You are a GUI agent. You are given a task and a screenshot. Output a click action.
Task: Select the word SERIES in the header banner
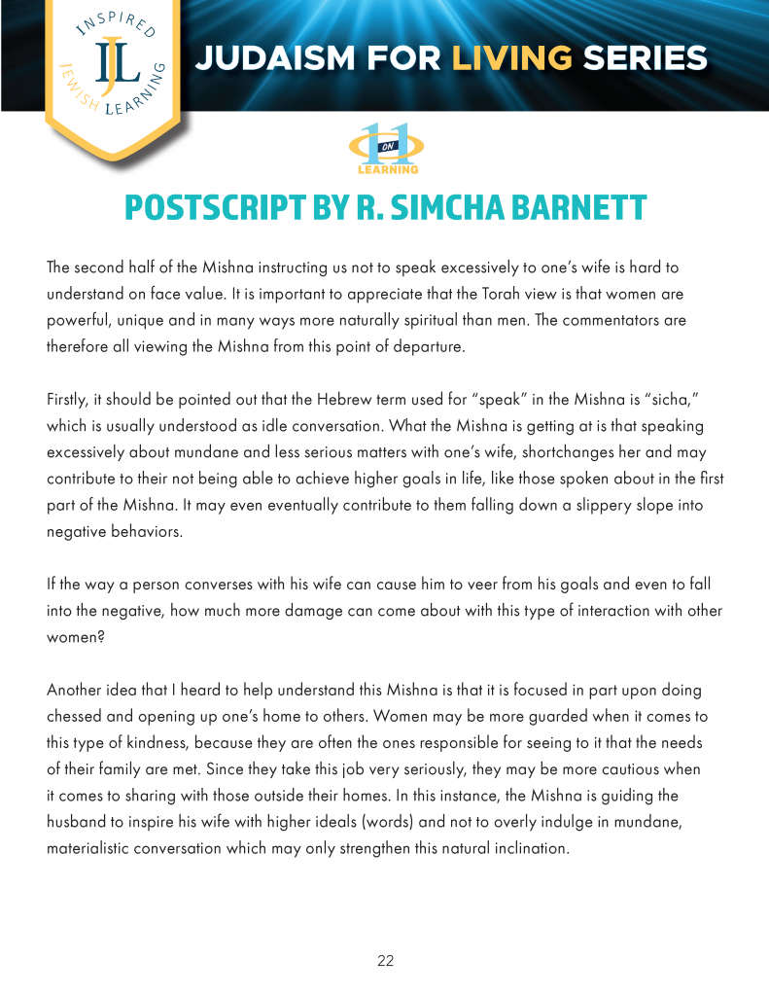click(x=645, y=58)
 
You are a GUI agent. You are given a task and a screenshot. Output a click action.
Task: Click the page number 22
click(x=385, y=961)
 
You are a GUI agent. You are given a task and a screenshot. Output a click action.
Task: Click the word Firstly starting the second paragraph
click(x=69, y=400)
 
